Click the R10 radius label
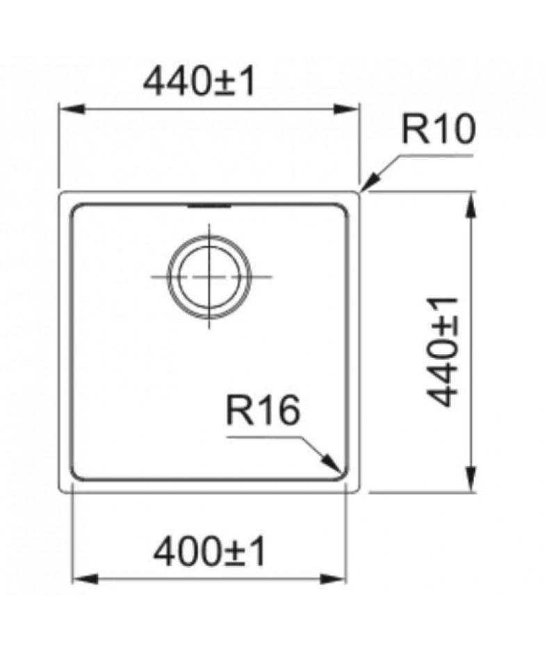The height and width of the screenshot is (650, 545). (439, 129)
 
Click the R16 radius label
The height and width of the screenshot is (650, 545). (263, 410)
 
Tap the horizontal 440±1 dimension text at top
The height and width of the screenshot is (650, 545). (199, 82)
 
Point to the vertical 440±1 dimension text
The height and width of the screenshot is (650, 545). (442, 352)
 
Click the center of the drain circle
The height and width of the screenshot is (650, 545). (209, 277)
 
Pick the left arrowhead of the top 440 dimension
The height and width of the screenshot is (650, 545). (72, 109)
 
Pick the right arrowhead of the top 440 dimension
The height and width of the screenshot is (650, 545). (345, 109)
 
